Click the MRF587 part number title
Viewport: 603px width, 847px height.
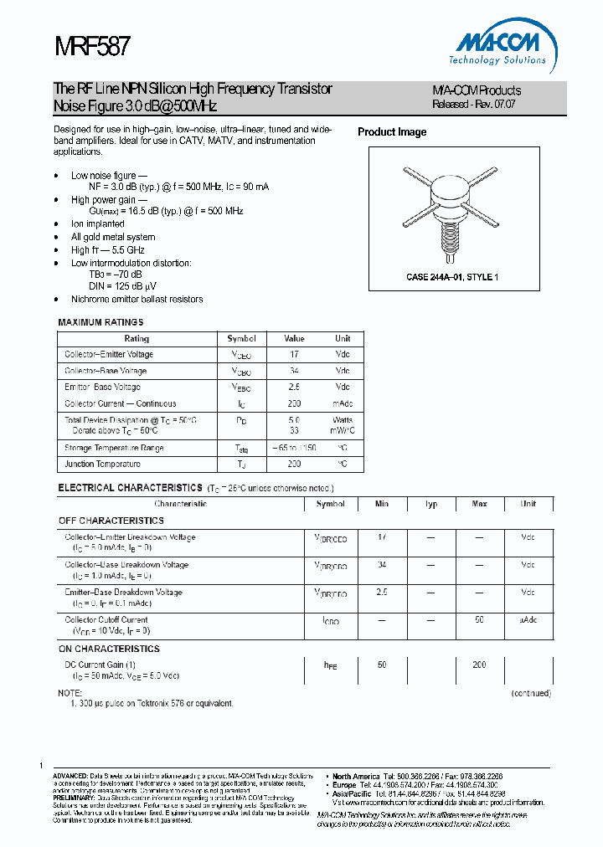(x=92, y=45)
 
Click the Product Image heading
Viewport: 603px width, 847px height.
(x=392, y=132)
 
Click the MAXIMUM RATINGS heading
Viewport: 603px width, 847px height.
(x=100, y=322)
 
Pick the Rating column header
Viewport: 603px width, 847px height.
(x=137, y=339)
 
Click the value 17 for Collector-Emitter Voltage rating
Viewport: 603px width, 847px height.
(x=294, y=355)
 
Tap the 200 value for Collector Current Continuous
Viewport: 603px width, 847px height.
(x=294, y=403)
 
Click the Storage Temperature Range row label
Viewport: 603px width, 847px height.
(x=115, y=448)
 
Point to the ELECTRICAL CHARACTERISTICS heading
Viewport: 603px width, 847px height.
(x=130, y=487)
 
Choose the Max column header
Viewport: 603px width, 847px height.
(x=480, y=505)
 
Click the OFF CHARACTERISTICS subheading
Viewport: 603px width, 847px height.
(x=111, y=521)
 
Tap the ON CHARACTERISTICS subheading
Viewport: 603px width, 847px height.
(x=109, y=649)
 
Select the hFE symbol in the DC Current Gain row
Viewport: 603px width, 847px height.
(x=330, y=665)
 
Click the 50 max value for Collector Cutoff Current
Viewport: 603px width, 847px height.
(x=480, y=621)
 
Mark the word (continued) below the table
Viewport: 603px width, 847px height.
(x=532, y=693)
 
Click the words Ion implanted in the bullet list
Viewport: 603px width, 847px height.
(x=98, y=224)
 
